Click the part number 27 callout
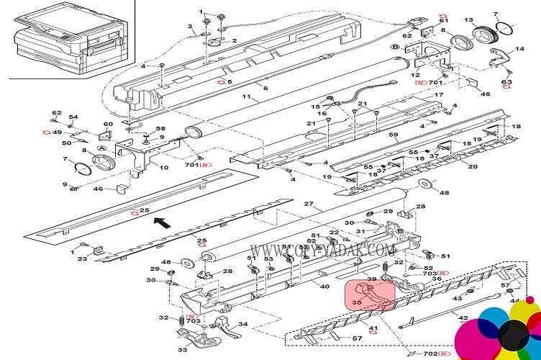pos(309,204)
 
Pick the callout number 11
pos(245,96)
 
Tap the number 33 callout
pos(182,349)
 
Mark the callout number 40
pos(324,287)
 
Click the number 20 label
pos(473,166)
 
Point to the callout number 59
pos(393,135)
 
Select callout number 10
pos(164,168)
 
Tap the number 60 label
pos(109,124)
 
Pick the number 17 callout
pos(438,95)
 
